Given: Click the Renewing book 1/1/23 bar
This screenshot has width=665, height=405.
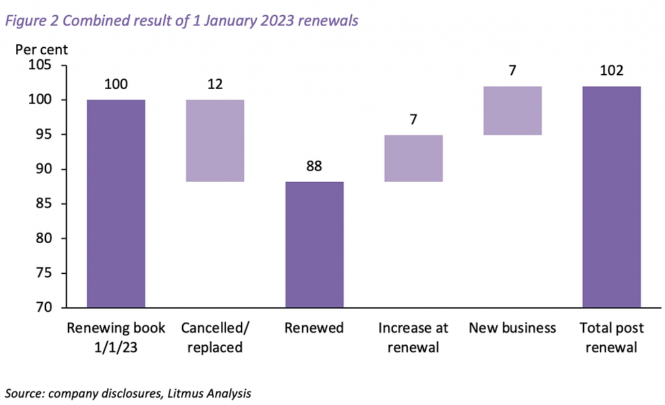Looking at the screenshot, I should [x=116, y=204].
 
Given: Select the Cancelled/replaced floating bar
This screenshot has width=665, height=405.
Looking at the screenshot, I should [x=215, y=140].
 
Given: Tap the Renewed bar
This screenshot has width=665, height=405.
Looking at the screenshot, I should [x=314, y=244].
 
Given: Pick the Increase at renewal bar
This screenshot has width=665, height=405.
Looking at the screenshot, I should [x=413, y=158].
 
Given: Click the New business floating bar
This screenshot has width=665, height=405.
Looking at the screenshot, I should [x=512, y=111].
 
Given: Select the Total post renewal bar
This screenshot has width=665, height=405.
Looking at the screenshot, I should [x=611, y=197].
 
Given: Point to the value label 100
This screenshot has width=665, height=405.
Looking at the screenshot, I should [x=116, y=85].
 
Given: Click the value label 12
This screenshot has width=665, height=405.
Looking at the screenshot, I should [x=215, y=85].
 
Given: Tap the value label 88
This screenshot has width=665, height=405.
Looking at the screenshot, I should [x=314, y=166].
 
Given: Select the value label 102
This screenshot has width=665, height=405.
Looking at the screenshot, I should [x=611, y=71].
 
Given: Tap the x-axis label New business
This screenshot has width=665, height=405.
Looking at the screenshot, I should [x=512, y=328].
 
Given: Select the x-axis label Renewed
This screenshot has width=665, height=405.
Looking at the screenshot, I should [x=314, y=328].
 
